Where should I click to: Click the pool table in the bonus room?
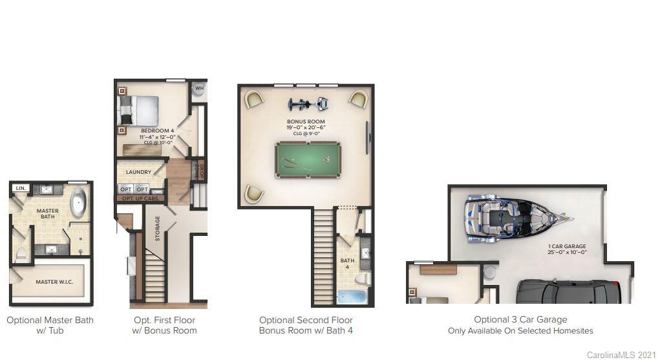[306, 159]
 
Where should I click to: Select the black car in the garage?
[568, 291]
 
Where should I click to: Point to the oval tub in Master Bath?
[79, 202]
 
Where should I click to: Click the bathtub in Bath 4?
[352, 297]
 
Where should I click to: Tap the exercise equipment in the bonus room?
[307, 105]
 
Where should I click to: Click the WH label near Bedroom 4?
[200, 89]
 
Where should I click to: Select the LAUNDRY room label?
[139, 172]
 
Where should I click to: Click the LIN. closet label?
[21, 188]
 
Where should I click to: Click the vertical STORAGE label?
[157, 229]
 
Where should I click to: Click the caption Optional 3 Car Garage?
[520, 320]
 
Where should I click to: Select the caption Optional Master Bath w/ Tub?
[50, 325]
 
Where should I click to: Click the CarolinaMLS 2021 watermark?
[621, 355]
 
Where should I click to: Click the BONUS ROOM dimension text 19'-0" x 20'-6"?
[306, 128]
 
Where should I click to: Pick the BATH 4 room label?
[348, 264]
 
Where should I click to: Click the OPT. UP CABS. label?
[141, 198]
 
